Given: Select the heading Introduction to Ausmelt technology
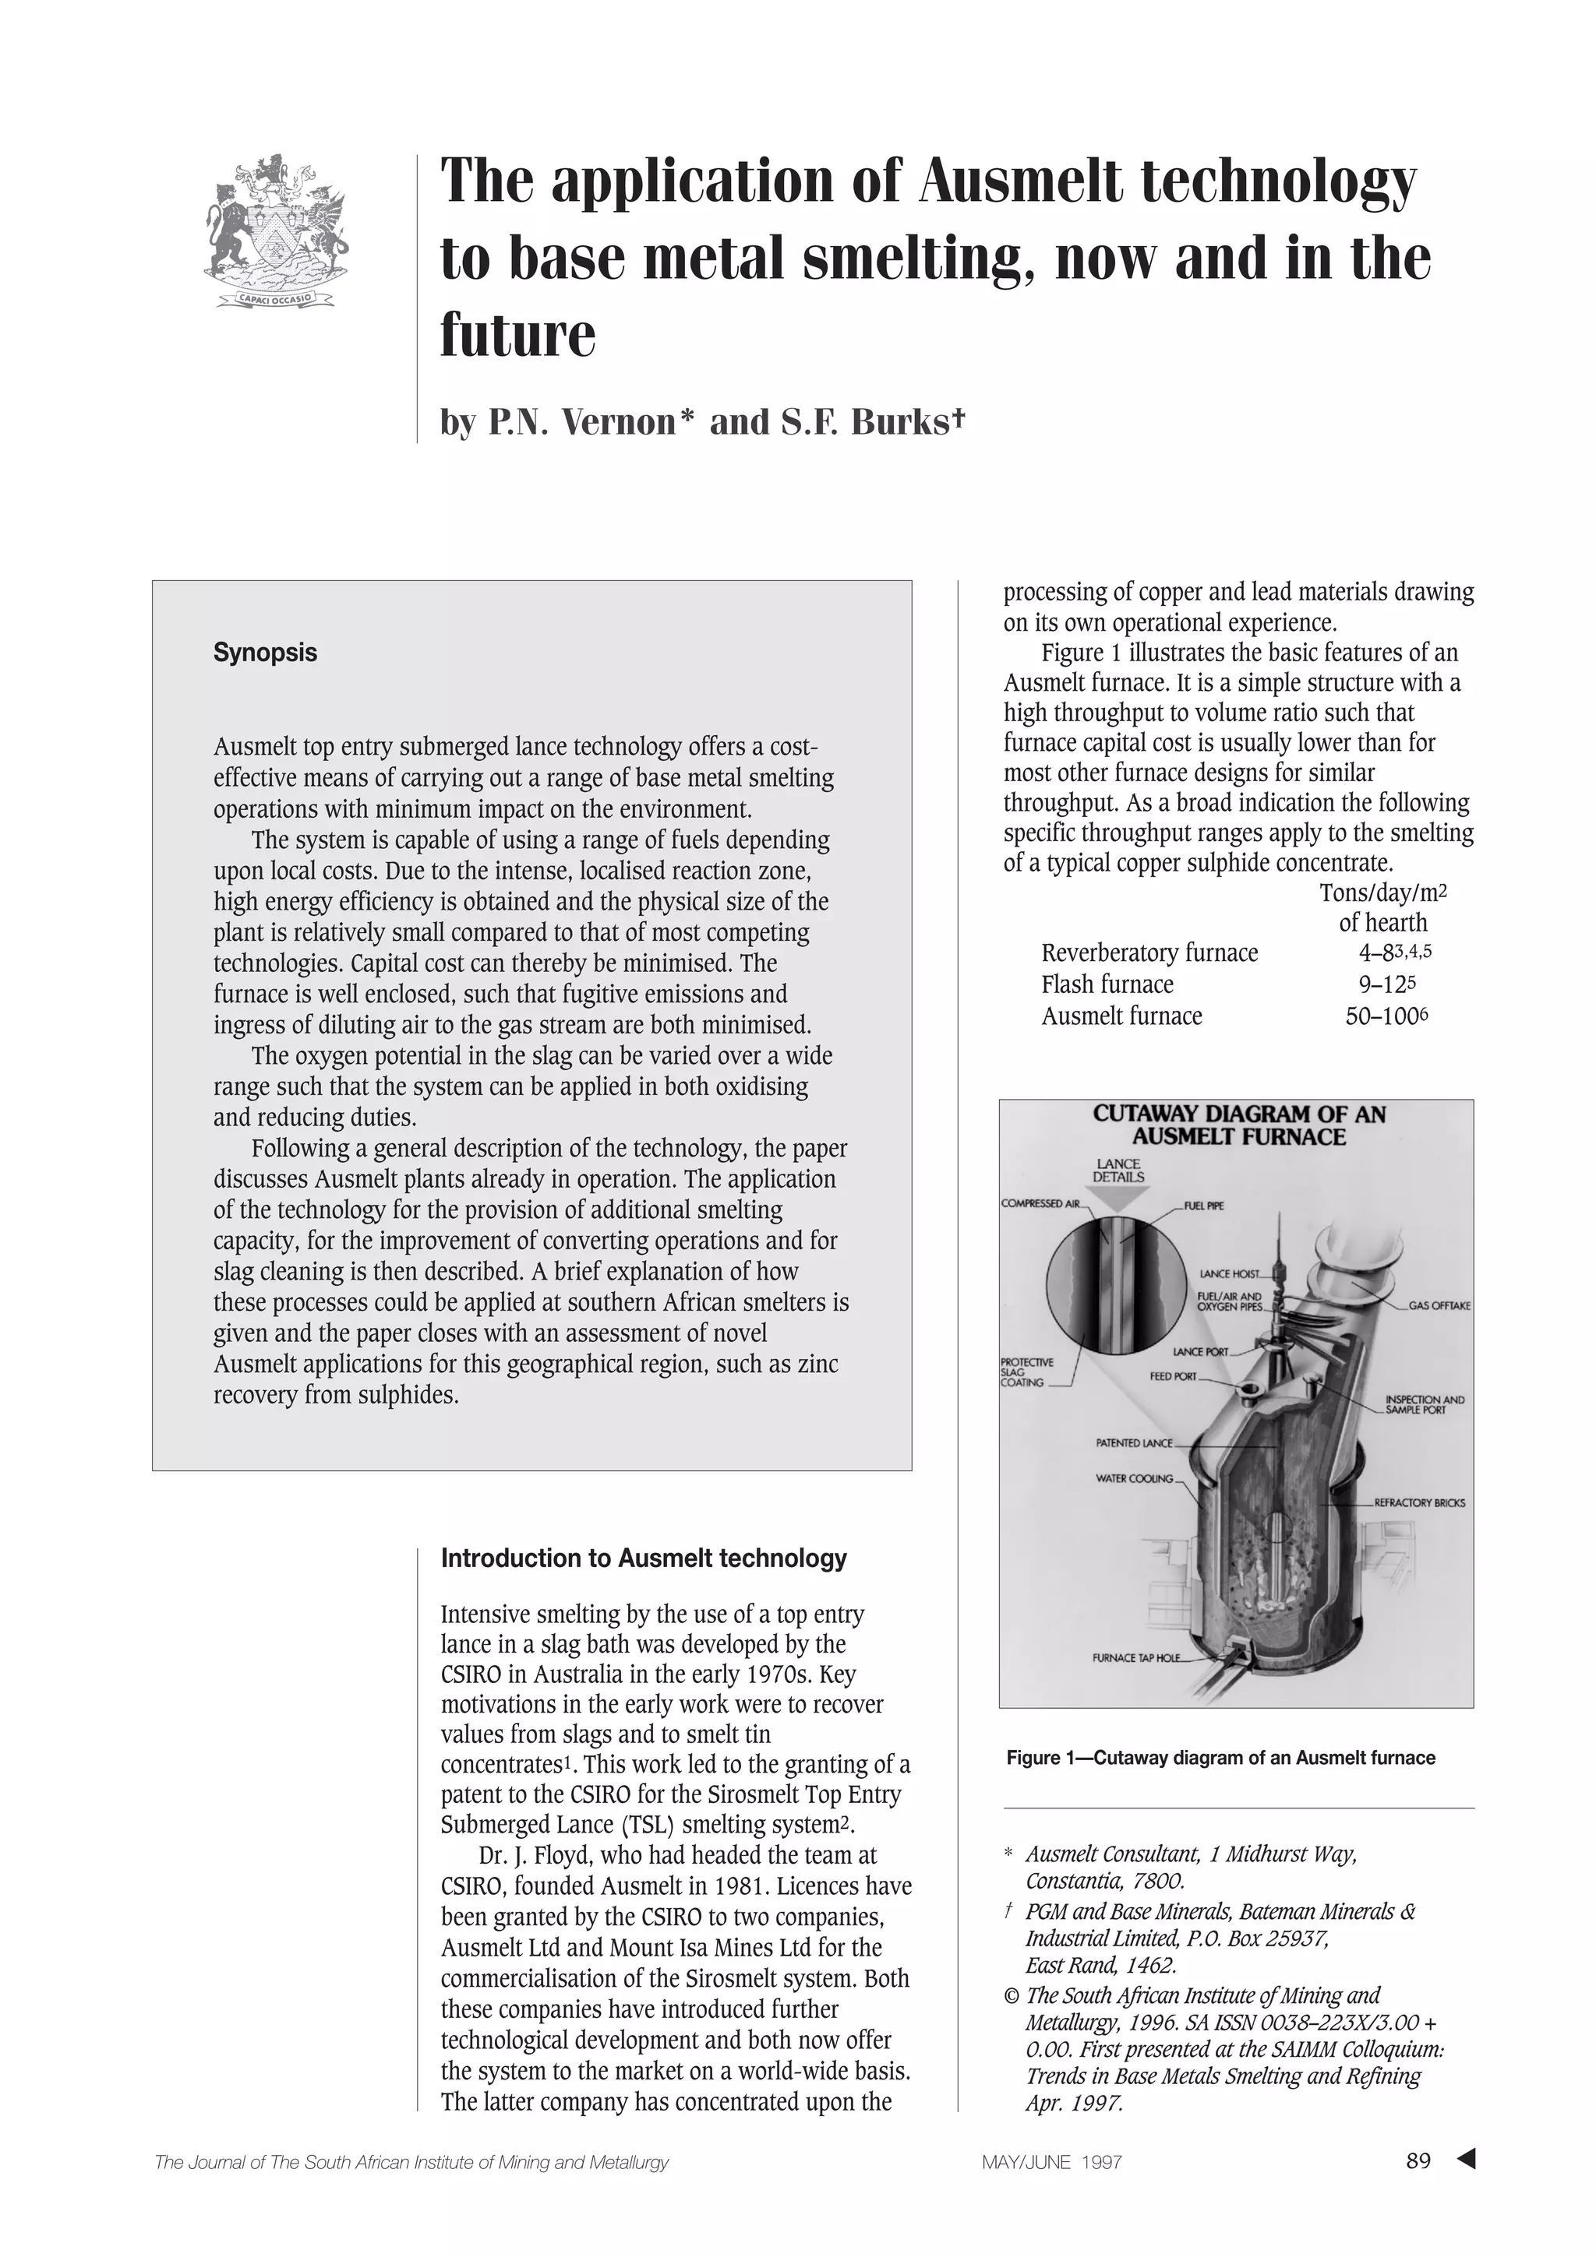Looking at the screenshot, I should pyautogui.click(x=643, y=1558).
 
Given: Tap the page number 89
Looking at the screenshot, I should pyautogui.click(x=1418, y=2162).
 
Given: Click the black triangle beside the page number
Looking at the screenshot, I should pyautogui.click(x=1466, y=2160).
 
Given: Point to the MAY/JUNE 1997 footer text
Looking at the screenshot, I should pyautogui.click(x=1051, y=2163).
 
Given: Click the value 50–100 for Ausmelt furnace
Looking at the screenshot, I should pyautogui.click(x=1382, y=1016).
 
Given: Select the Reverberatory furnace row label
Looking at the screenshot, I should pyautogui.click(x=1149, y=953).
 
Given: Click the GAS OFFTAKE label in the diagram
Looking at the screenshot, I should pyautogui.click(x=1439, y=1306).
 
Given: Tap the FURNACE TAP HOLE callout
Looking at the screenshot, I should pyautogui.click(x=1135, y=1658).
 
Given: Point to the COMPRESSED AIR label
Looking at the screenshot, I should pyautogui.click(x=1040, y=1203).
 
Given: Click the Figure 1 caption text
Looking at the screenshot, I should pyautogui.click(x=1220, y=1758).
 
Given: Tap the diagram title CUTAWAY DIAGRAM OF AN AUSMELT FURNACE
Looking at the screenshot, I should pyautogui.click(x=1238, y=1125).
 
